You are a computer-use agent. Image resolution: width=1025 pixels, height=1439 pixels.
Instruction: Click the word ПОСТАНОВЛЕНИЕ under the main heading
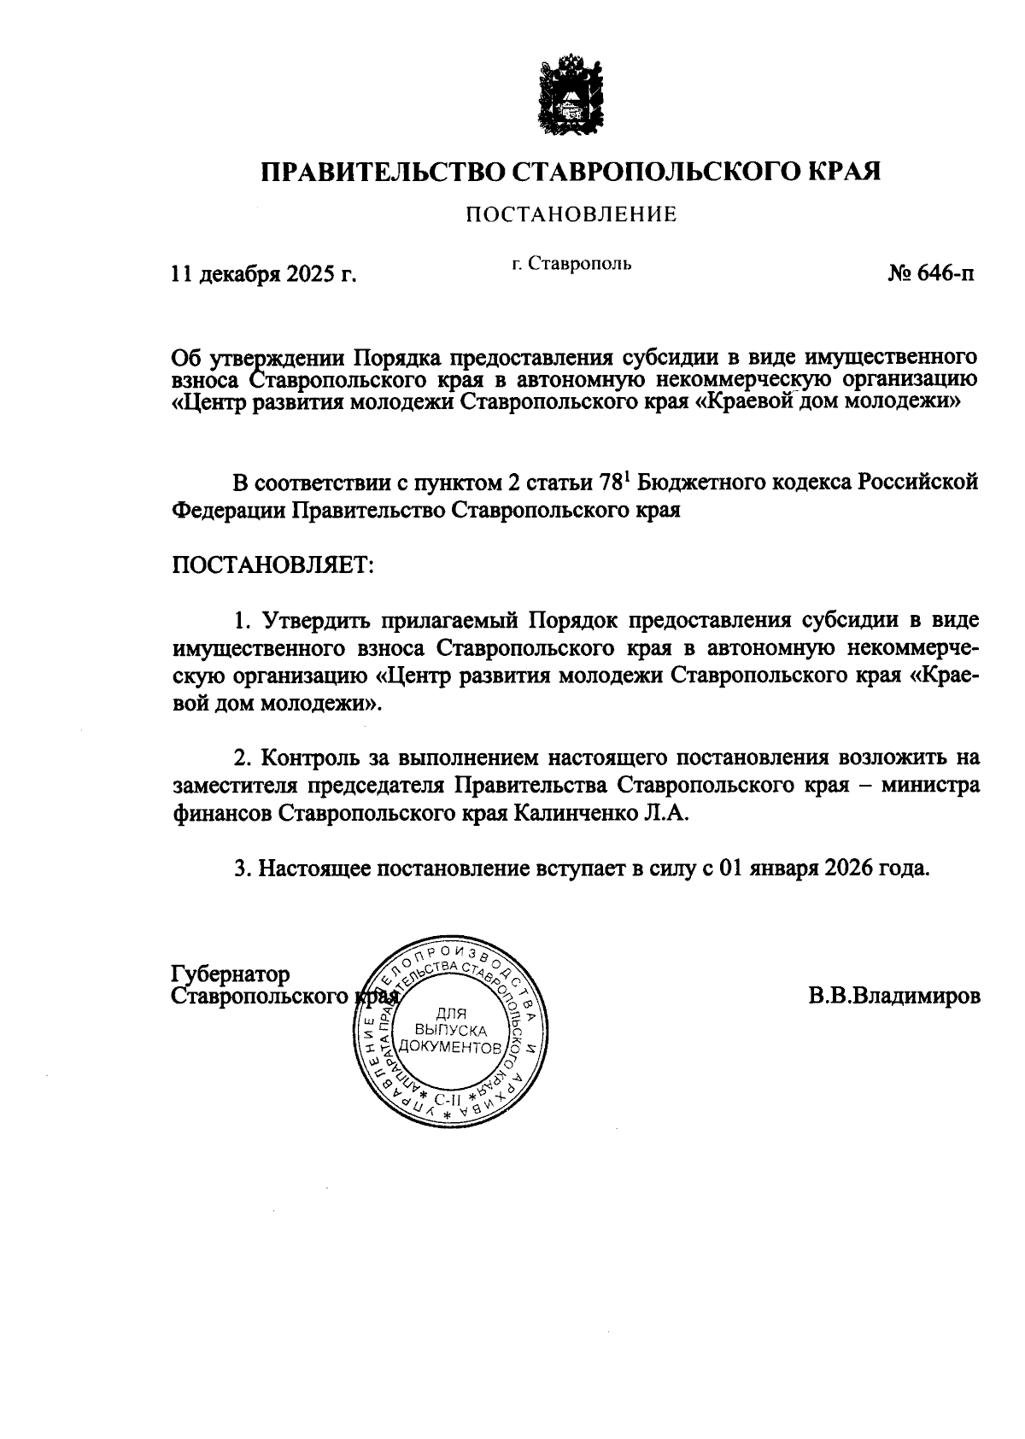pyautogui.click(x=571, y=215)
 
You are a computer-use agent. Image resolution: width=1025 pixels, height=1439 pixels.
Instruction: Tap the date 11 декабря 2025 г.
pyautogui.click(x=263, y=275)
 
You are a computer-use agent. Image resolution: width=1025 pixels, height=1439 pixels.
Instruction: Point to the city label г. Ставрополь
pyautogui.click(x=571, y=264)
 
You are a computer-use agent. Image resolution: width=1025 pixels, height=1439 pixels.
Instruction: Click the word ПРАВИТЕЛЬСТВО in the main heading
pyautogui.click(x=382, y=171)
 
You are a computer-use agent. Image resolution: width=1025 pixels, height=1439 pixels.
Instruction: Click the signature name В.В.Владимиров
pyautogui.click(x=893, y=996)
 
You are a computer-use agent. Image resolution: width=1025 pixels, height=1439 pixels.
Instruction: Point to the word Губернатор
pyautogui.click(x=231, y=974)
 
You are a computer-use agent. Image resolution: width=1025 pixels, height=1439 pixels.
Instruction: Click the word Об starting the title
pyautogui.click(x=186, y=357)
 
